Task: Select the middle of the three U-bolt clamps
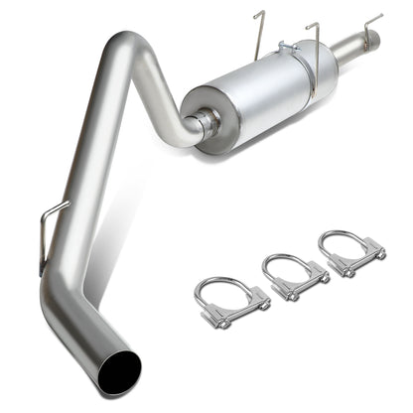tap(290, 277)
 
